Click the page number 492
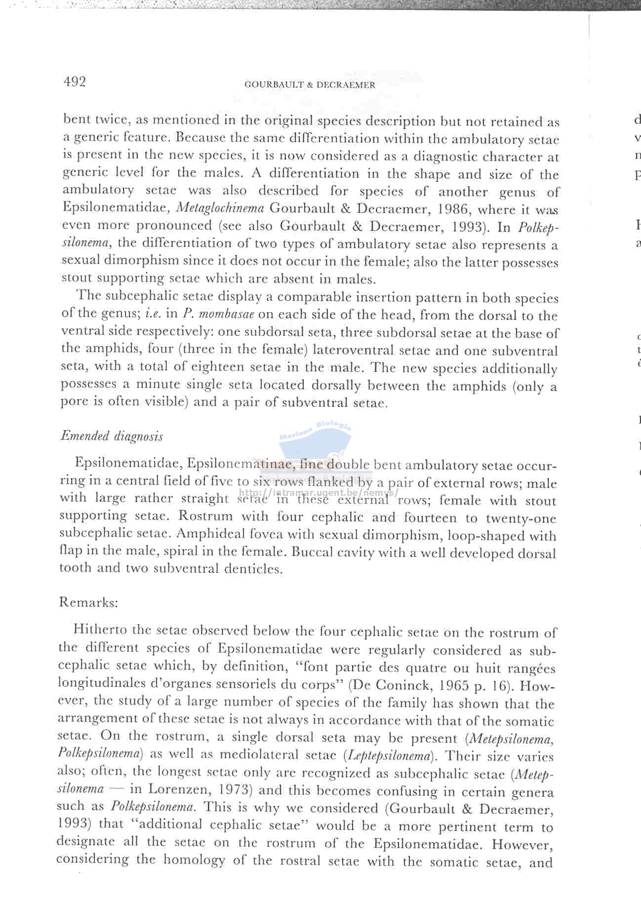tap(75, 81)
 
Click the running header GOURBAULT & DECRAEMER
tap(310, 85)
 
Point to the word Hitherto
tap(100, 630)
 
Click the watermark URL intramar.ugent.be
tap(319, 493)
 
